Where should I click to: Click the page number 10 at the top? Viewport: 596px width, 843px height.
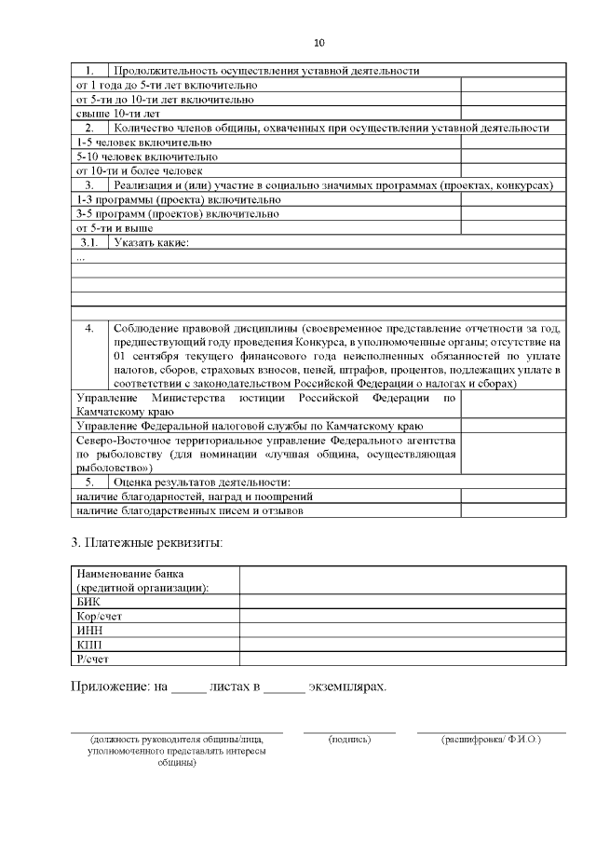(x=319, y=43)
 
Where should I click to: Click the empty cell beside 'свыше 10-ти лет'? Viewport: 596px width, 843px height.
(x=513, y=113)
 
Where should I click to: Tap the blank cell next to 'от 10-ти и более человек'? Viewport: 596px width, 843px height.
(x=513, y=170)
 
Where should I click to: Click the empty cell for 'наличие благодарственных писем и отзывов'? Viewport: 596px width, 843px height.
(x=513, y=510)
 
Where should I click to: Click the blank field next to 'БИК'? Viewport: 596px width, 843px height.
(x=402, y=602)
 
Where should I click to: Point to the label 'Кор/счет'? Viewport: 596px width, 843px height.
(x=98, y=616)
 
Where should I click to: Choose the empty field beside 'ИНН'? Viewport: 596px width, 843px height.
(x=402, y=631)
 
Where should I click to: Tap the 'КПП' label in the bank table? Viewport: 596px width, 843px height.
(x=89, y=645)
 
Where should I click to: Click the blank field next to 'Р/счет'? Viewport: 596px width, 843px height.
(x=402, y=659)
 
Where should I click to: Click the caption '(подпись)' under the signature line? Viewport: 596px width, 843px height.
(x=350, y=739)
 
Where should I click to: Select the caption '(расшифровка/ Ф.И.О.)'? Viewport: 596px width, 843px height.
(x=491, y=739)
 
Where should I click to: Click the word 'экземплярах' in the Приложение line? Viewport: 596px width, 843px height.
(x=346, y=687)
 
